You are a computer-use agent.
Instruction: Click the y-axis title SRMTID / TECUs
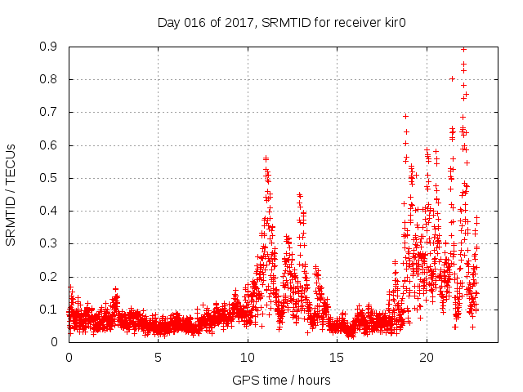click(x=11, y=194)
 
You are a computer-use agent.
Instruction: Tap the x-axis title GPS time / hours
click(x=281, y=380)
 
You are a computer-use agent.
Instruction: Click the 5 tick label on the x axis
click(x=158, y=358)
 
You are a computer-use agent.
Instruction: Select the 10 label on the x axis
click(x=247, y=358)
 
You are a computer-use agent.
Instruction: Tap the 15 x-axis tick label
click(x=337, y=358)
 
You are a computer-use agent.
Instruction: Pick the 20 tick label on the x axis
click(x=426, y=358)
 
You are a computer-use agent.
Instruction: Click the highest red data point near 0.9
click(x=464, y=49)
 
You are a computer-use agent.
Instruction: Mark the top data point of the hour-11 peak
click(x=265, y=158)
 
